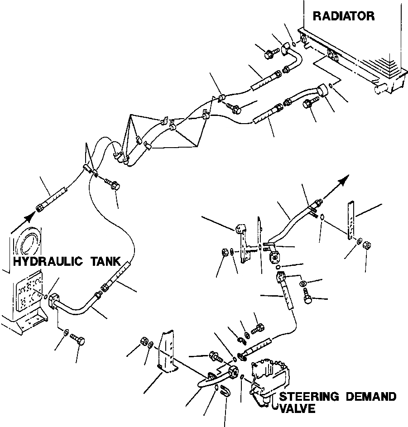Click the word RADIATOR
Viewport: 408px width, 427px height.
pyautogui.click(x=344, y=17)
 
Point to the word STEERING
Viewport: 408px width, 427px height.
pyautogui.click(x=309, y=397)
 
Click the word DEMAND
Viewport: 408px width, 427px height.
pyautogui.click(x=371, y=397)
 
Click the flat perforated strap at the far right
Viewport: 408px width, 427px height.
pyautogui.click(x=350, y=220)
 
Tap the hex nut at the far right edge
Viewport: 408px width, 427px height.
pyautogui.click(x=368, y=246)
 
